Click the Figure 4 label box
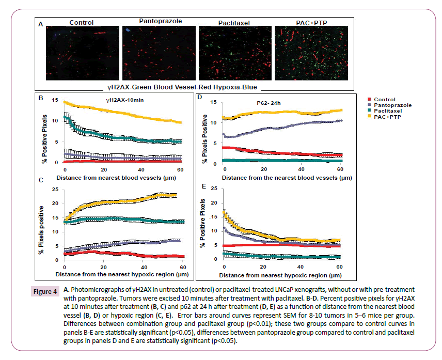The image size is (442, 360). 46,292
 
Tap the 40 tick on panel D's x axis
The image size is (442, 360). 301,169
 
